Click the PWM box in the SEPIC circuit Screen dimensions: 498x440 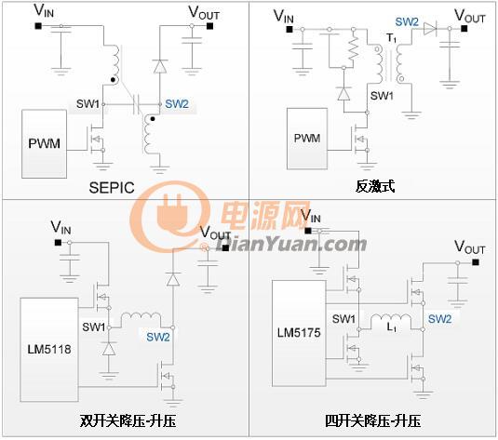point(44,144)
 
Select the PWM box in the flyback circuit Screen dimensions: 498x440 point(307,139)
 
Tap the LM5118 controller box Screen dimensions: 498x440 point(49,350)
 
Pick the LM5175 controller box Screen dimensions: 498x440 point(299,333)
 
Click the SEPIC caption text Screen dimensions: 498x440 point(112,188)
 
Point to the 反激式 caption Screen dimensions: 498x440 point(375,186)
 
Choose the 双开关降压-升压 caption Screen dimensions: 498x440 point(128,421)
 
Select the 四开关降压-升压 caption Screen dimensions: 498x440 point(373,421)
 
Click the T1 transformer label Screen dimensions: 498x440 point(392,38)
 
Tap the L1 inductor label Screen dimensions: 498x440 point(391,327)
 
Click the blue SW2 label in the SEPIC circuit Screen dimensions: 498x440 point(177,104)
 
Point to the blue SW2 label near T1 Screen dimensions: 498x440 point(407,22)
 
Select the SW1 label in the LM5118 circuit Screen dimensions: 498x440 point(94,327)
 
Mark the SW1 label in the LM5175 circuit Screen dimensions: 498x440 point(343,319)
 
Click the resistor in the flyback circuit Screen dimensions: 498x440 point(353,48)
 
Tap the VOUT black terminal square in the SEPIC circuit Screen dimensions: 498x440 point(210,26)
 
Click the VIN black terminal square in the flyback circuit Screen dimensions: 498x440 point(289,29)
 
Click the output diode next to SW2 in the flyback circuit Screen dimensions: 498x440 point(430,29)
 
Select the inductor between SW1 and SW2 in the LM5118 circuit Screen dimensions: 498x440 point(141,317)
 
